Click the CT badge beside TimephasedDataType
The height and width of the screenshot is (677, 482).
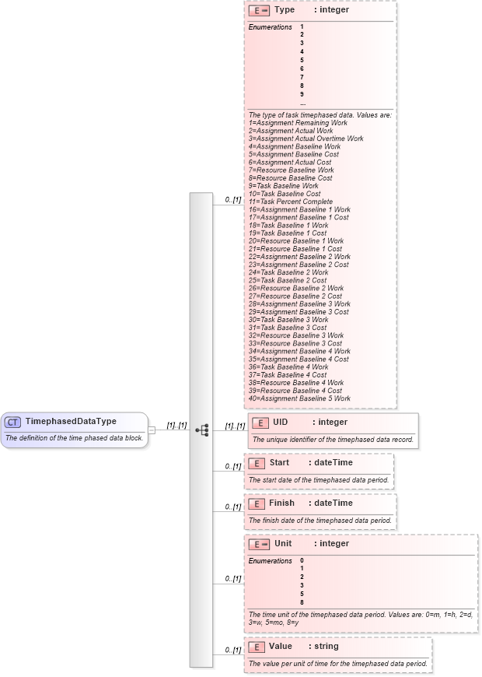12,422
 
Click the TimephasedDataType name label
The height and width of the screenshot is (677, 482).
71,422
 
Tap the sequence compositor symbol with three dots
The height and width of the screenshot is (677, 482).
202,430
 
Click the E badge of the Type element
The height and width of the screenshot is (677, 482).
259,11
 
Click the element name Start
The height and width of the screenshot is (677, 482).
279,463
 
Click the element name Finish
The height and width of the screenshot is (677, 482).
281,503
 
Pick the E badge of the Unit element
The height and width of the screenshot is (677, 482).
259,544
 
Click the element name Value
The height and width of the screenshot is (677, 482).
281,647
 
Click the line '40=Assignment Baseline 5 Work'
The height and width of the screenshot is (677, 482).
299,398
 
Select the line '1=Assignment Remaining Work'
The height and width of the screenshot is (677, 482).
298,123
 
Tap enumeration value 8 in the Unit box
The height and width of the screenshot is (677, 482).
302,602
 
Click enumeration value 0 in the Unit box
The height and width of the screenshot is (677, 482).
302,560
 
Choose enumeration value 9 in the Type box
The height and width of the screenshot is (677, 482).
302,94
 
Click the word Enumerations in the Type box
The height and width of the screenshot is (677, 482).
271,27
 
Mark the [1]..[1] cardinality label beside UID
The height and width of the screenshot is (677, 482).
235,426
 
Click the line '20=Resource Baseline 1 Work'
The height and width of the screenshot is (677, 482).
296,241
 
